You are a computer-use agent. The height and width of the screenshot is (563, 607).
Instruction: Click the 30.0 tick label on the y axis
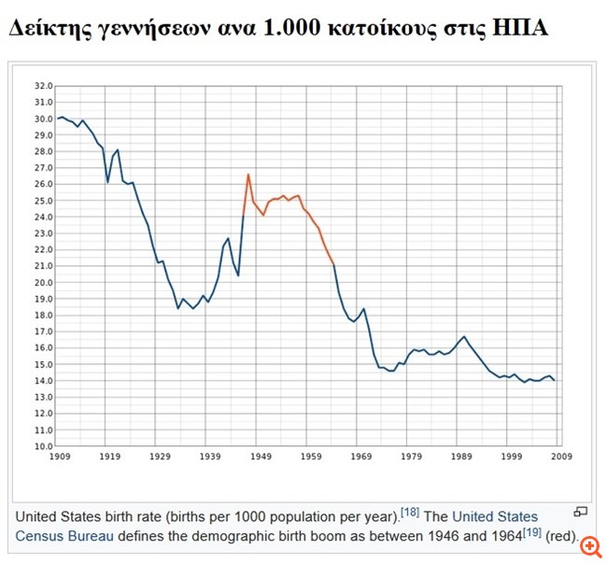[44, 119]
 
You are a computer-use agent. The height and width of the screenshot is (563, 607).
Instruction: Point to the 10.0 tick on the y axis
[44, 446]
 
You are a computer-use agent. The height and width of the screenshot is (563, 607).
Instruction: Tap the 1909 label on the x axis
[60, 457]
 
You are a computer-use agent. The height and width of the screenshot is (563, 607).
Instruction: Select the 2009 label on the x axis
[561, 457]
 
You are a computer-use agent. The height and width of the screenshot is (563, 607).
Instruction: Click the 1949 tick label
[261, 457]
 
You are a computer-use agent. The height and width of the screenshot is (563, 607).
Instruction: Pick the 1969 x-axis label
[360, 457]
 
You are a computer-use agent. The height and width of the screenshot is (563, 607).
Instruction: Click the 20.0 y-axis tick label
[44, 283]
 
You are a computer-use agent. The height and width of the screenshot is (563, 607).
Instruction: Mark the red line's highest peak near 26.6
[248, 175]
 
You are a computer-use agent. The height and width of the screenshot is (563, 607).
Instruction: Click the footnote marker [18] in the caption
[410, 513]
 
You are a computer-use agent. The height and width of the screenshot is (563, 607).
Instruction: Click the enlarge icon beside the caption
[580, 512]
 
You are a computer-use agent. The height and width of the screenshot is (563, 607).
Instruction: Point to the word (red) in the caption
[562, 537]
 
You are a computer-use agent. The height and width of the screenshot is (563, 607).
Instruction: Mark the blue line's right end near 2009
[555, 380]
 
